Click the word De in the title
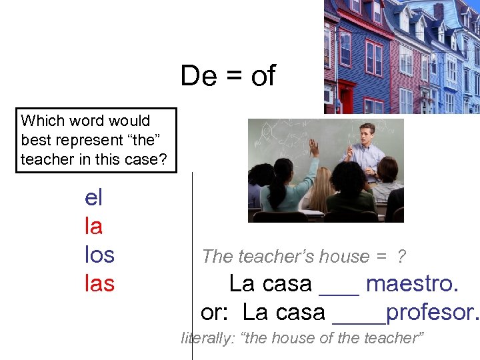click(198, 77)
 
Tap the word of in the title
click(263, 77)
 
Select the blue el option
click(93, 197)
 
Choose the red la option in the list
click(93, 226)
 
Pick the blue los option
click(99, 255)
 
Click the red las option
click(99, 283)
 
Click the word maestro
click(412, 284)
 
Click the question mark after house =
click(401, 257)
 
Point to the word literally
click(205, 338)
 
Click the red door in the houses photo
click(346, 97)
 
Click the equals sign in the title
click(233, 77)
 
